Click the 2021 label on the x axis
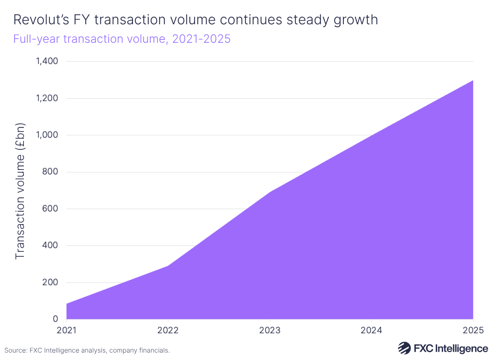pyautogui.click(x=66, y=330)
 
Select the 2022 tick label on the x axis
pyautogui.click(x=168, y=330)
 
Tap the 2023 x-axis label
pyautogui.click(x=270, y=330)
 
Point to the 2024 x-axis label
pyautogui.click(x=372, y=330)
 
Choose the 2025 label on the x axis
pyautogui.click(x=473, y=330)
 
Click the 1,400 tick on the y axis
pyautogui.click(x=47, y=62)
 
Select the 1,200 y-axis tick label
pyautogui.click(x=47, y=99)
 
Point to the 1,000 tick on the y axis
pyautogui.click(x=47, y=135)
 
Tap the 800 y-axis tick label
pyautogui.click(x=50, y=172)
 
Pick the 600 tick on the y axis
pyautogui.click(x=50, y=209)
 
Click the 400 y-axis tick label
pyautogui.click(x=50, y=246)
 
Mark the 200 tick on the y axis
pyautogui.click(x=50, y=283)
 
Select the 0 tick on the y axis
pyautogui.click(x=55, y=319)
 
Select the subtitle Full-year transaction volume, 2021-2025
pyautogui.click(x=121, y=39)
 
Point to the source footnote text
pyautogui.click(x=87, y=351)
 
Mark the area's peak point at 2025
pyautogui.click(x=473, y=80)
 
